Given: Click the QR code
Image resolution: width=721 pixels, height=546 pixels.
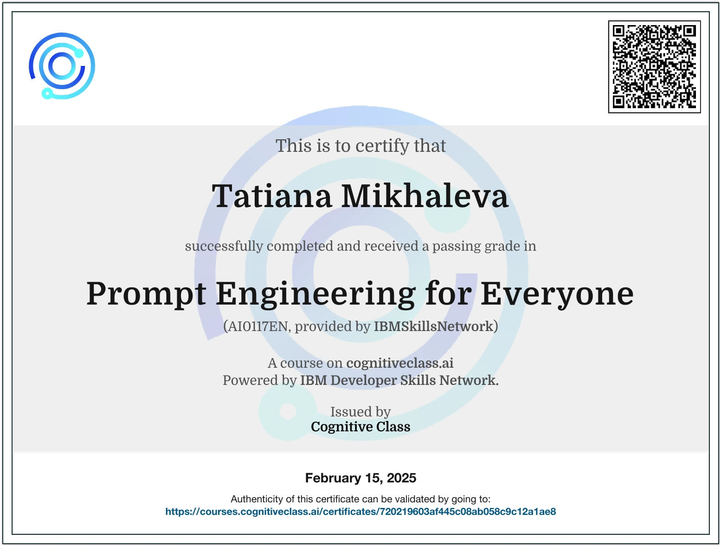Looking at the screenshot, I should tap(654, 67).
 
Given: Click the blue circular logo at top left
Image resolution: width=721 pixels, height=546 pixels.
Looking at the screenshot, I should tap(62, 66).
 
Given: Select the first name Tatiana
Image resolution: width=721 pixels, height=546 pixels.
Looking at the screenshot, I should tap(272, 196).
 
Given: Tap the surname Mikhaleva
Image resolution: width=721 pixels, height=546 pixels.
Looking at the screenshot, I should tap(425, 196).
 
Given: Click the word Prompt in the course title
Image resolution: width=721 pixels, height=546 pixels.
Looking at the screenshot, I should tap(146, 294).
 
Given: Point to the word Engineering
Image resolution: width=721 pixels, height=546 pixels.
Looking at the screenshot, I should tap(315, 294).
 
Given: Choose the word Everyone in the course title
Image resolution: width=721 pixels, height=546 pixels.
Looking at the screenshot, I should tap(557, 294).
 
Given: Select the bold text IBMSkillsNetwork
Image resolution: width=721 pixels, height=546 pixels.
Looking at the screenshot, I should tap(433, 326).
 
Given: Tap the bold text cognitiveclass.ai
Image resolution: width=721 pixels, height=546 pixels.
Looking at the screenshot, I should tap(400, 363).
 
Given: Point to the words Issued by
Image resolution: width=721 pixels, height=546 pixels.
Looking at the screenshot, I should tap(360, 412).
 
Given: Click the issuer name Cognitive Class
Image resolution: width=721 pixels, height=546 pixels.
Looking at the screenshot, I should tap(360, 427).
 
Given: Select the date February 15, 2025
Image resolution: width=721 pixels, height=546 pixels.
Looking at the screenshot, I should tap(360, 478).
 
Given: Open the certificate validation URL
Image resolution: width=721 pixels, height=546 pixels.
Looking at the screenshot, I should tap(360, 512).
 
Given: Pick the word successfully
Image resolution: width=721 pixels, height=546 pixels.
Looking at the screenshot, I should tap(224, 246).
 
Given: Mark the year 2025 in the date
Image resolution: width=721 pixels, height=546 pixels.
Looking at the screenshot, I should tap(401, 478).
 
